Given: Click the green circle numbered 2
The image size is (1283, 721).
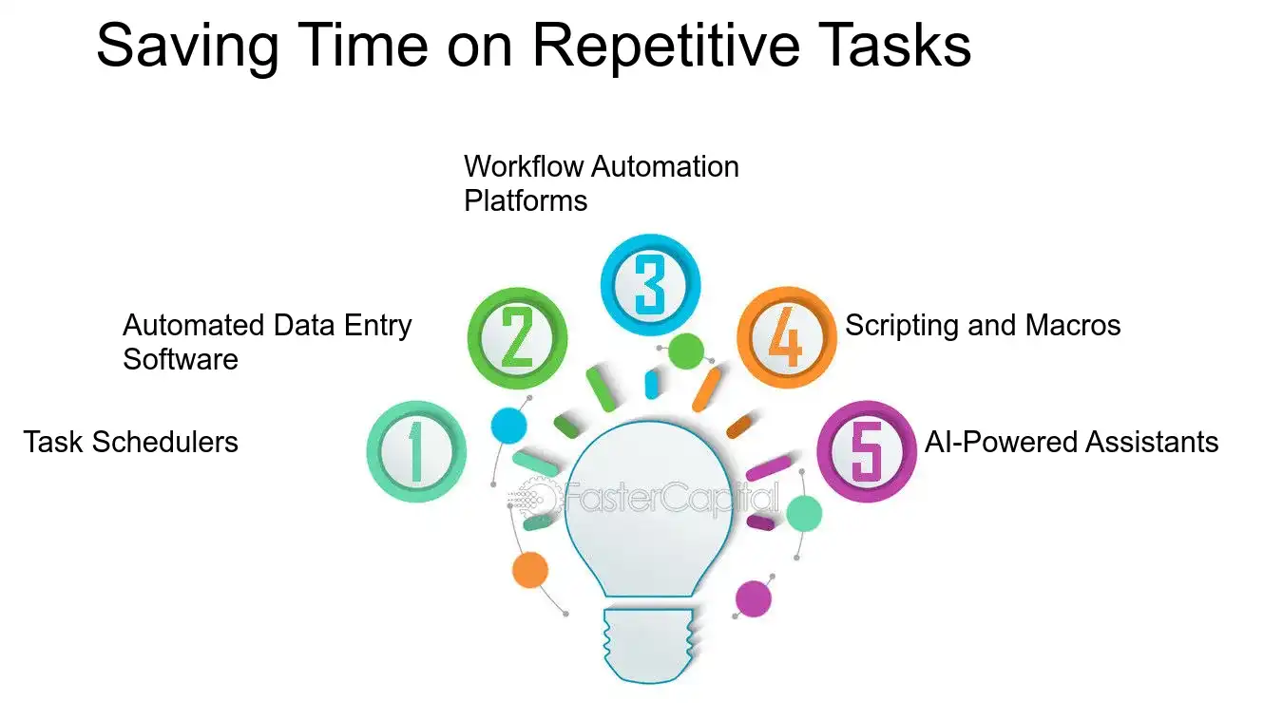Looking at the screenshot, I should (x=517, y=338).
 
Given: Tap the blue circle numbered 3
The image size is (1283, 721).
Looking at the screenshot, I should (x=650, y=282).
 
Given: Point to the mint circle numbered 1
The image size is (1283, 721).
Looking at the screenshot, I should (x=416, y=451).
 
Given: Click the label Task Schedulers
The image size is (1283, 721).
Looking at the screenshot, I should (x=131, y=442).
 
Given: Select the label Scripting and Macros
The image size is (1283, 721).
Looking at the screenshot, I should (x=983, y=326).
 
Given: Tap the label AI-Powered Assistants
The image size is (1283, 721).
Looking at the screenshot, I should (x=1071, y=442).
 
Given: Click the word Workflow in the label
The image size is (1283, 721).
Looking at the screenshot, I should (x=524, y=167).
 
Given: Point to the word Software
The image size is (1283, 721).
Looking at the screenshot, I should (x=180, y=360).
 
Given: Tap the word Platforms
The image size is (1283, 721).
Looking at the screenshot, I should (x=526, y=201).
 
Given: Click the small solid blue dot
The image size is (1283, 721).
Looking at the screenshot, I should (x=508, y=425).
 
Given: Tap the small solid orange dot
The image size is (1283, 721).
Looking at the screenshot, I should (x=529, y=570).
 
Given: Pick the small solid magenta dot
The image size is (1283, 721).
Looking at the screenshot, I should (x=754, y=598).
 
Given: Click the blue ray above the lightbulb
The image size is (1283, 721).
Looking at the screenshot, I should (x=652, y=384).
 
